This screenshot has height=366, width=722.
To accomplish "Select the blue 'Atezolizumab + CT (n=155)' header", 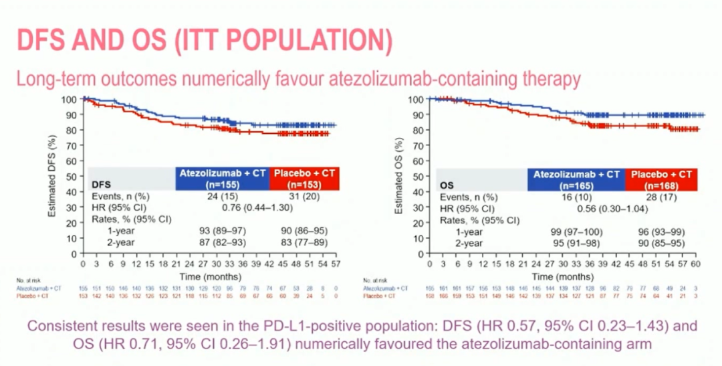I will tap(222, 179).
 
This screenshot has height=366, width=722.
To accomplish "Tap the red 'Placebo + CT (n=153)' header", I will tap(305, 179).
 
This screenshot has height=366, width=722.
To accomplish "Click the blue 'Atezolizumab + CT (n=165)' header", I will tap(576, 179).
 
